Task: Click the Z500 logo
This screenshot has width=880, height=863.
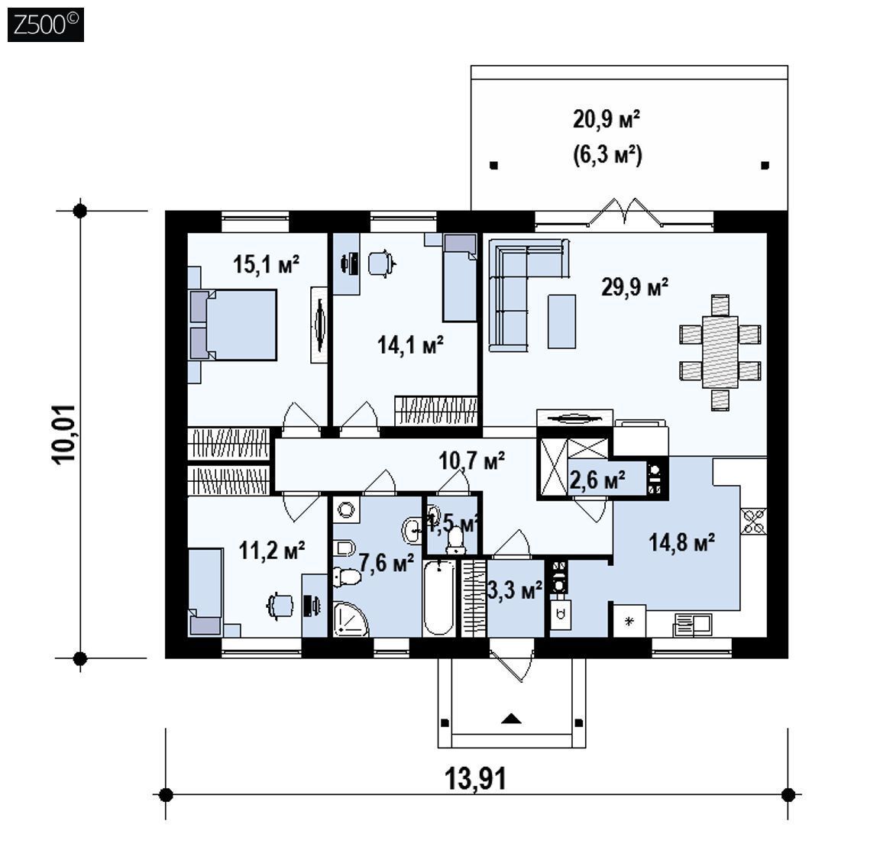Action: [x=46, y=24]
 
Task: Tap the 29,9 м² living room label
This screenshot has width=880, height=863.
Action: [x=635, y=286]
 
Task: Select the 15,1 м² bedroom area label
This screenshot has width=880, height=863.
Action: [x=266, y=263]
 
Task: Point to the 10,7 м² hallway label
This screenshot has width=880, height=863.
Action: [x=471, y=460]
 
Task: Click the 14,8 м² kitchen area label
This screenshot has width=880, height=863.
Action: [x=682, y=542]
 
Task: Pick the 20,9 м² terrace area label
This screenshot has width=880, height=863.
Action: [x=607, y=119]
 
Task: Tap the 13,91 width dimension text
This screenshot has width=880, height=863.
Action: [x=475, y=779]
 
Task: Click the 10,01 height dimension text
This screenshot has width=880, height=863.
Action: [x=63, y=433]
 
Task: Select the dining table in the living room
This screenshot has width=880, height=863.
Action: [x=720, y=352]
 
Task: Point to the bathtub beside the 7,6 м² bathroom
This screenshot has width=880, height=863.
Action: [x=439, y=597]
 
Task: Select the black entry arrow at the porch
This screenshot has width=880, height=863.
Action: [x=511, y=718]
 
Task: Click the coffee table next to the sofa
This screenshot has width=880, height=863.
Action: [x=561, y=322]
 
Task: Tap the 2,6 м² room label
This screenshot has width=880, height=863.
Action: [x=597, y=480]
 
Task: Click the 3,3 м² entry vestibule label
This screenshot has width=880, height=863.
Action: [x=515, y=590]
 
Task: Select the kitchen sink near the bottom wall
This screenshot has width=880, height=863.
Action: [x=693, y=625]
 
